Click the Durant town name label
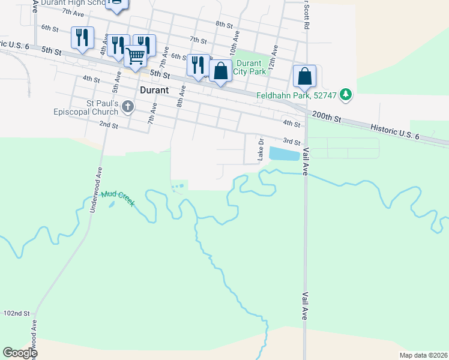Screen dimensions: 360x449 tap(154, 91)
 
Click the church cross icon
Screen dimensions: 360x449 tap(127, 107)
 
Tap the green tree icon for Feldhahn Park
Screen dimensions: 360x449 tap(345, 94)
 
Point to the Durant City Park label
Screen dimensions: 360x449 tap(249, 67)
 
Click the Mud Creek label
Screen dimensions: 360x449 tap(118, 198)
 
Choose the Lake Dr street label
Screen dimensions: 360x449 tap(261, 150)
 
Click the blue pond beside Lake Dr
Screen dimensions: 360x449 tap(285, 154)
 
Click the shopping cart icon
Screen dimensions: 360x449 tap(136, 57)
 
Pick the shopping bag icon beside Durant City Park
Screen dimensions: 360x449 tap(221, 71)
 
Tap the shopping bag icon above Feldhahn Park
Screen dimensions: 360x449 tap(304, 76)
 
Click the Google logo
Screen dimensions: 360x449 tap(19, 353)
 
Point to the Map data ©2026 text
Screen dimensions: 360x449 tap(423, 355)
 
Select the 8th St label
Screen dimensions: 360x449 tap(224, 24)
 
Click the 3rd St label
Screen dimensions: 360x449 tap(292, 142)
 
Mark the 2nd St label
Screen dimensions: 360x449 tap(108, 124)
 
